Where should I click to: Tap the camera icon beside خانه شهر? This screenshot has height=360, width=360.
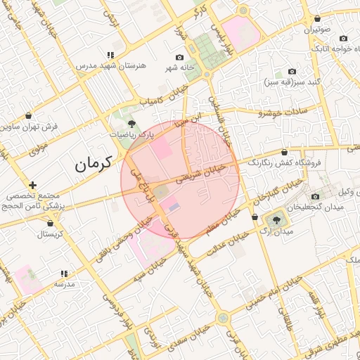coord(179,57)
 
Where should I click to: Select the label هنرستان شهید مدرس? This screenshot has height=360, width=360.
coord(110,65)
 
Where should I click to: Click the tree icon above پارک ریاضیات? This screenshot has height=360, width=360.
coord(131,124)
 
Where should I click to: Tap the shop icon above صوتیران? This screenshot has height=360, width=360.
coord(318,19)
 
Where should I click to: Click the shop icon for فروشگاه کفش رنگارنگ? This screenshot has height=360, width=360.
coord(284,152)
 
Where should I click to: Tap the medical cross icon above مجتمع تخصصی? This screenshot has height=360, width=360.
coord(32,185)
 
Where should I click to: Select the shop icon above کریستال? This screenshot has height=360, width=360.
coord(49,223)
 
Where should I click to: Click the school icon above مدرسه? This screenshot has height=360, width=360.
coord(64,274)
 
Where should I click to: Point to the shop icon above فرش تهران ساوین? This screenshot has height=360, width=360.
coord(28,115)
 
